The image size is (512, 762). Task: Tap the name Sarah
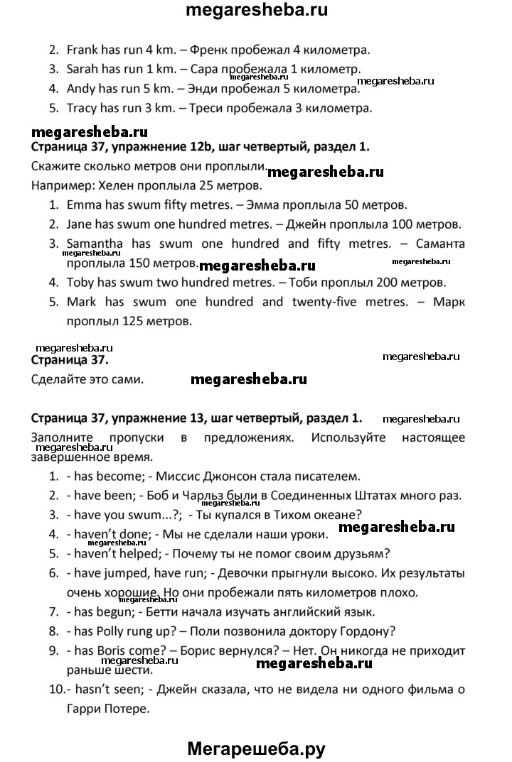[82, 70]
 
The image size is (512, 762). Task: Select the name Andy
[80, 89]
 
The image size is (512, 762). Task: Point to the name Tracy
[82, 109]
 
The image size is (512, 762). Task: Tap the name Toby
[80, 282]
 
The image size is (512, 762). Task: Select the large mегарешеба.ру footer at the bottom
[256, 747]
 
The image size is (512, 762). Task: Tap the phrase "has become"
[100, 475]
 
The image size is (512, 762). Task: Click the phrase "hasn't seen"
[100, 688]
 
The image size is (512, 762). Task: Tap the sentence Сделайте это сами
[88, 379]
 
